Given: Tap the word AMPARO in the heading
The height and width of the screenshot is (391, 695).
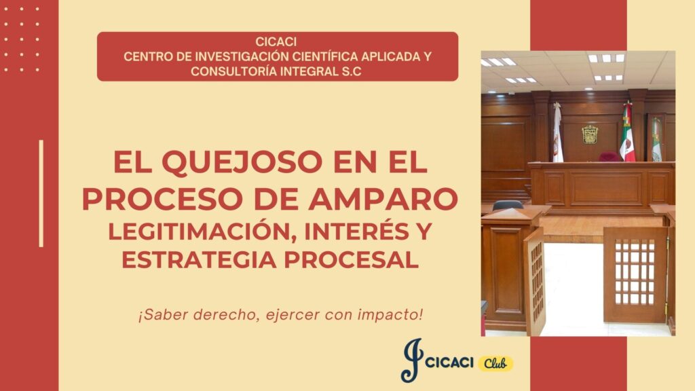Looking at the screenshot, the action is tap(383, 200).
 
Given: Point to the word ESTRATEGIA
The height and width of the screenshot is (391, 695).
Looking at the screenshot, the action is tap(200, 260).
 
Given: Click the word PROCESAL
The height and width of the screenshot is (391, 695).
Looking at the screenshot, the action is tap(351, 260).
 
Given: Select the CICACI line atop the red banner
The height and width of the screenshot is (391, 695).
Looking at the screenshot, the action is tap(276, 41).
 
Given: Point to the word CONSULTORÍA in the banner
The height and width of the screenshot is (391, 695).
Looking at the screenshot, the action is tap(226, 71).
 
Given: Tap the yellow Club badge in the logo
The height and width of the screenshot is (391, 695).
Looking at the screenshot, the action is tap(495, 364).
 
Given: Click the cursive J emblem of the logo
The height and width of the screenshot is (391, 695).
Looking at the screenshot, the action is tap(412, 360).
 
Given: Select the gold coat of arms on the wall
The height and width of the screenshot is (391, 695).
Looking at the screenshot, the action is tap(590, 134).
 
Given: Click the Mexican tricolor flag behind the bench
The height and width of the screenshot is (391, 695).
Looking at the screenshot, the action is tap(626, 132).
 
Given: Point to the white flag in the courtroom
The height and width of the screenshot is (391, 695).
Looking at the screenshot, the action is tap(557, 133).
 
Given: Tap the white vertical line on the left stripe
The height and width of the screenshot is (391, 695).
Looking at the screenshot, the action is tap(41, 193).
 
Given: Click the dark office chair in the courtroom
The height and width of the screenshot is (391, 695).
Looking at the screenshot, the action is tap(508, 205).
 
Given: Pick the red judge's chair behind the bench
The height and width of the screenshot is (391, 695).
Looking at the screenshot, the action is tap(609, 157).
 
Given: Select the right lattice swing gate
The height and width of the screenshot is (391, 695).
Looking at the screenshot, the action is tap(635, 275).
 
